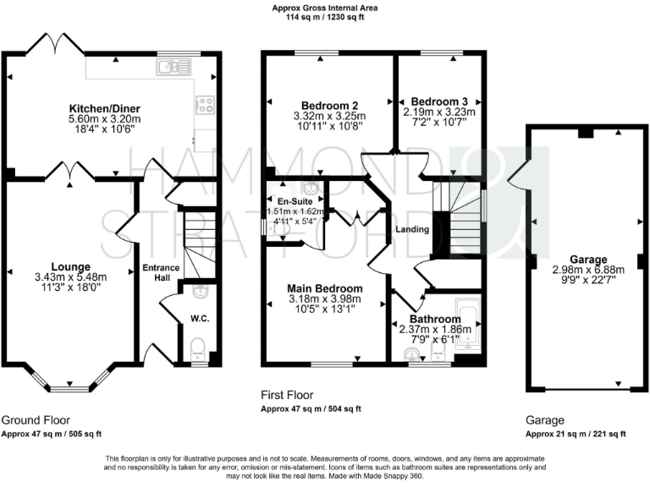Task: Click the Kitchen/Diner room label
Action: (x=105, y=108)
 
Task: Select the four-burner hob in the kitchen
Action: (x=205, y=105)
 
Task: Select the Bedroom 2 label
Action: (x=317, y=106)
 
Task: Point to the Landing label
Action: (x=411, y=229)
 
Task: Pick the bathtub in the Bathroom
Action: (x=468, y=320)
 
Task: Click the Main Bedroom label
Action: (x=326, y=287)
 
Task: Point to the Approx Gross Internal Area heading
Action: (x=325, y=8)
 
